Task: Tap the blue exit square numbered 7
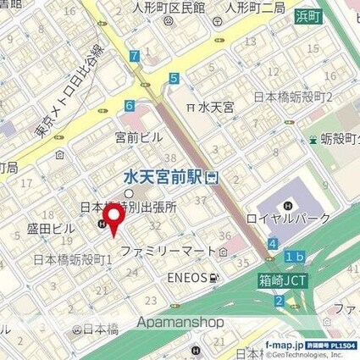pos(135,57)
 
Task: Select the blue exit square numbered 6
pos(129,106)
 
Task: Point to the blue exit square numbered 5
pos(174,79)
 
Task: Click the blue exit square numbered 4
pos(272,244)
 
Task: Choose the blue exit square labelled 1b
pos(294,257)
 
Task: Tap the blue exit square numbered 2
pos(279,302)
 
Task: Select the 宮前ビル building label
pos(137,136)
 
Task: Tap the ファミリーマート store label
pos(169,252)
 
